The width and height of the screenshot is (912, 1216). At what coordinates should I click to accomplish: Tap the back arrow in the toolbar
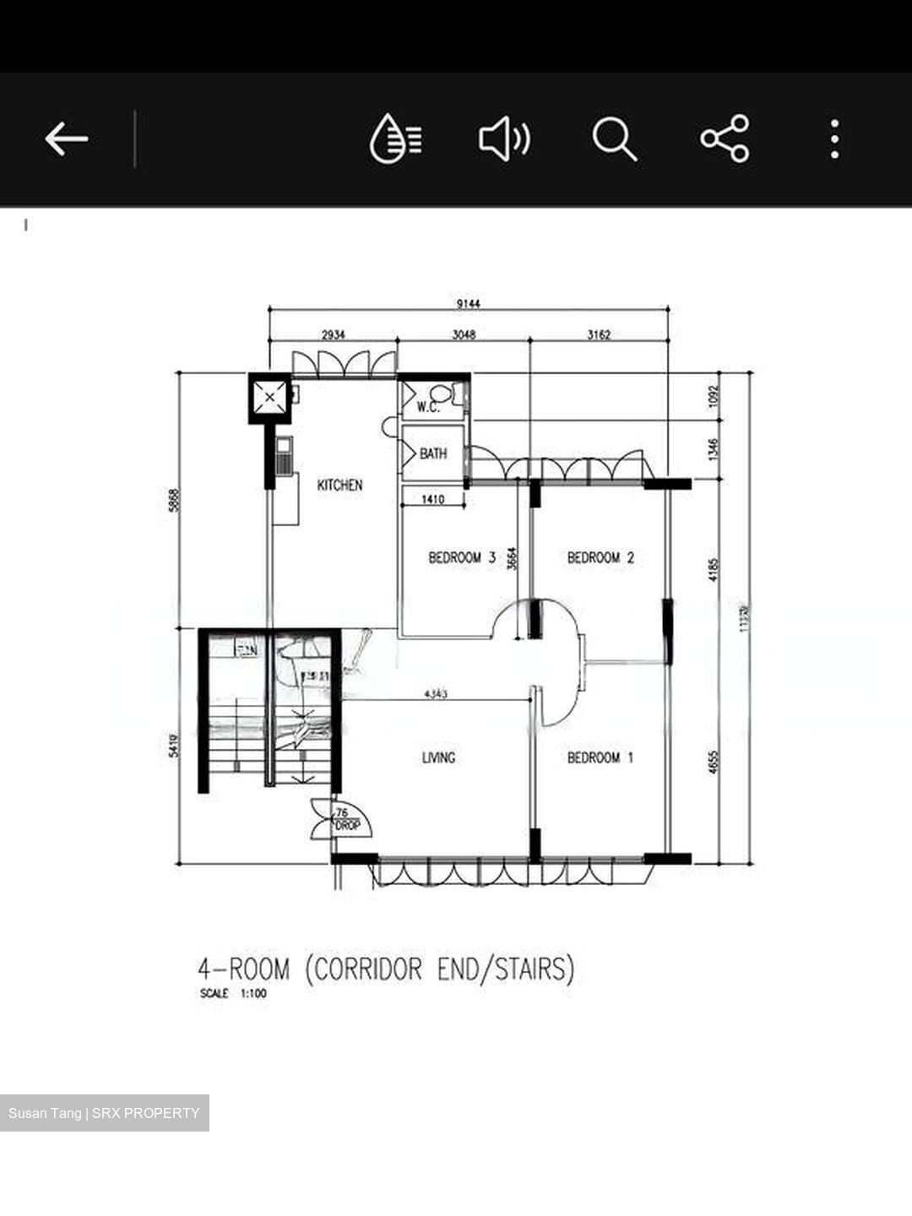coord(67,138)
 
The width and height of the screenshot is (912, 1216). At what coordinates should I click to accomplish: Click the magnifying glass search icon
coord(614,138)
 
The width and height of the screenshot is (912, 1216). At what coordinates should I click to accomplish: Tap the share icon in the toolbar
coord(725,138)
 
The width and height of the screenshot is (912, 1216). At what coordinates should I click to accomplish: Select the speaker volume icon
coord(504,138)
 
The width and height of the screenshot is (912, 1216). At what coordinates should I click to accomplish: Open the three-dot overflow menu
coord(834,138)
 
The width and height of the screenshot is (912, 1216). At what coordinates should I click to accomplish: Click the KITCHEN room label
coord(339,485)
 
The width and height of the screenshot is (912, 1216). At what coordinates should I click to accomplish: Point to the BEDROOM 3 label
coord(461,557)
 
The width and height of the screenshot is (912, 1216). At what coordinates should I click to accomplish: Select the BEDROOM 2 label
coord(600,557)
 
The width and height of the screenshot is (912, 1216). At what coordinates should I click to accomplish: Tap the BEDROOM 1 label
coord(600,757)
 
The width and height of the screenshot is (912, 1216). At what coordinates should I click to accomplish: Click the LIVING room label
coord(438,757)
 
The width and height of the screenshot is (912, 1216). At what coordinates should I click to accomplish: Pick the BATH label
coord(433,454)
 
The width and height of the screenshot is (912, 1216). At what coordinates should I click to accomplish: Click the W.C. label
coord(428,407)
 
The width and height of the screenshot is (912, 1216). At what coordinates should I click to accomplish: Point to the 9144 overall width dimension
coord(468,303)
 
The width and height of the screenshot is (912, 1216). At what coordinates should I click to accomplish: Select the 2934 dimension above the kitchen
coord(333,334)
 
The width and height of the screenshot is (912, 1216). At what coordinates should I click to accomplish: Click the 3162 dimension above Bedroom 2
coord(599,334)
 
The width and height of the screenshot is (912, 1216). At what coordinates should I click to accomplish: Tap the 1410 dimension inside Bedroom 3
coord(432,500)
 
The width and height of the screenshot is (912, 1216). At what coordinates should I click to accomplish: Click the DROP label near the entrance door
coord(347,825)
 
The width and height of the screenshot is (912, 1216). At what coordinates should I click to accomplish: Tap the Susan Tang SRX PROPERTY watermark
coord(104,1113)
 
